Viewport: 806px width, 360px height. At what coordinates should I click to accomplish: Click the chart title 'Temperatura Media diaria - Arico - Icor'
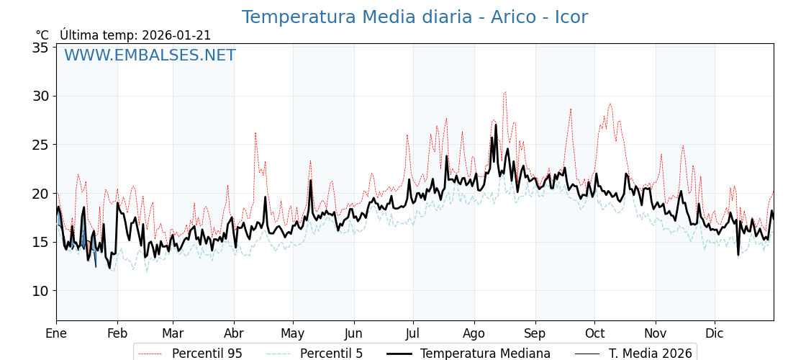click(x=415, y=17)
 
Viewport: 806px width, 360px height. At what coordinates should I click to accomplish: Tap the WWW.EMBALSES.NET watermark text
click(x=150, y=55)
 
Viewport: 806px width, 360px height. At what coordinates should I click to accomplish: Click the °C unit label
click(x=42, y=35)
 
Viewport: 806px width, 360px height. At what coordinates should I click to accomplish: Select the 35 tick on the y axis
click(x=40, y=48)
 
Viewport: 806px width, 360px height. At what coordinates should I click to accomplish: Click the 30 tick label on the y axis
click(x=40, y=96)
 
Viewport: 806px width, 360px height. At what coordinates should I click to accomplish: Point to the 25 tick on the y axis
click(x=40, y=145)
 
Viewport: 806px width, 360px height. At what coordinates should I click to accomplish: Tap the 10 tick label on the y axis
click(x=40, y=291)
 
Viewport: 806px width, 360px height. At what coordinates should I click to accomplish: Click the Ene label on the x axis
click(x=56, y=333)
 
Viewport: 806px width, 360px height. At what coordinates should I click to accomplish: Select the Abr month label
click(x=234, y=333)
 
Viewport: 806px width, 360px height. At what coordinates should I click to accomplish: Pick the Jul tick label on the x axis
click(x=413, y=333)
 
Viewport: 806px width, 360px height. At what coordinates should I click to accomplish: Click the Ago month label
click(x=474, y=333)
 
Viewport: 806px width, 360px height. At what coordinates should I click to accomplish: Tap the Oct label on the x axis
click(x=594, y=333)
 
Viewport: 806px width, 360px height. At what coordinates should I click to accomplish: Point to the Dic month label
click(x=715, y=333)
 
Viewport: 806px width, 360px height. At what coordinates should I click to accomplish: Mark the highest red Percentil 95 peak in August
click(x=505, y=92)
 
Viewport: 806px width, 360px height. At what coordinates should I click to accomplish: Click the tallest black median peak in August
click(x=496, y=125)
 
